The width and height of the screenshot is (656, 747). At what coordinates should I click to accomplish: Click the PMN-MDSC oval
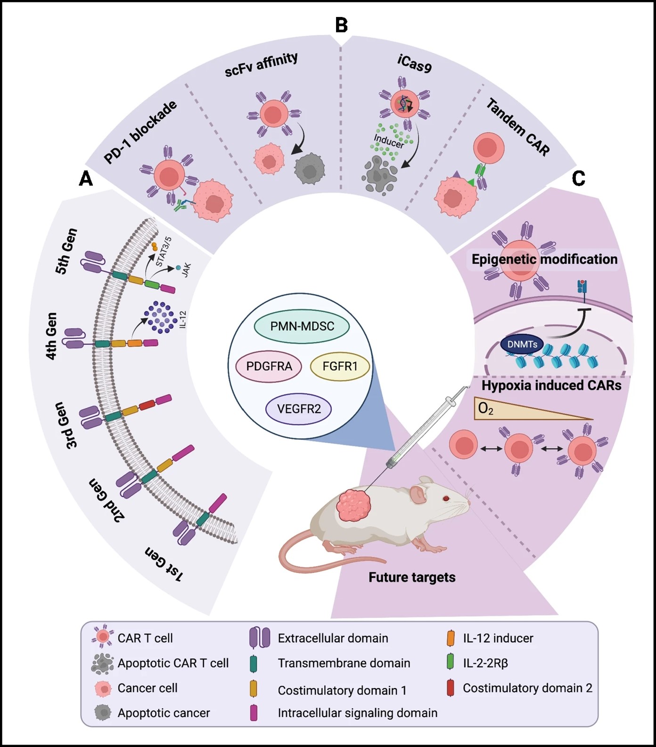click(302, 326)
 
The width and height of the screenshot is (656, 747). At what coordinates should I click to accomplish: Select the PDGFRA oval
click(269, 366)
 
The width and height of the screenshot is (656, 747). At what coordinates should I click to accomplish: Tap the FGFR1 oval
click(340, 366)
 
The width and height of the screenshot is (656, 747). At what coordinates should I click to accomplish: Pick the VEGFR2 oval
click(299, 409)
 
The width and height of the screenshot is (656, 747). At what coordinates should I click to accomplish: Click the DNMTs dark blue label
click(522, 344)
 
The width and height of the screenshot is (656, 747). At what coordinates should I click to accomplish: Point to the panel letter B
click(341, 25)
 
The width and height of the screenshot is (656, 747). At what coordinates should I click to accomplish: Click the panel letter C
click(578, 179)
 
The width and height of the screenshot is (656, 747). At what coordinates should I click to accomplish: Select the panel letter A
click(86, 179)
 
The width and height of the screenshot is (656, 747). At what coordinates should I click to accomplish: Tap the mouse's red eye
click(446, 498)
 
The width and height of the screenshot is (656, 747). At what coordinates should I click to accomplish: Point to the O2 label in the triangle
click(485, 408)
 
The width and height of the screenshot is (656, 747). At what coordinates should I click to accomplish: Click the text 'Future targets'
click(412, 577)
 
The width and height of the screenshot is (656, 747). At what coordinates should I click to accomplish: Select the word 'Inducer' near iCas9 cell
click(389, 141)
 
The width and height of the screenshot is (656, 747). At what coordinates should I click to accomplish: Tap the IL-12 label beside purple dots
click(183, 319)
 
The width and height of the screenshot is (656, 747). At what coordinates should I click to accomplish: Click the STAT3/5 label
click(164, 252)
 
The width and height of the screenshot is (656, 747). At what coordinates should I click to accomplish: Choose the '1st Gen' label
click(164, 564)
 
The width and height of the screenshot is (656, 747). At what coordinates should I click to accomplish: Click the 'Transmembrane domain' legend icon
click(254, 663)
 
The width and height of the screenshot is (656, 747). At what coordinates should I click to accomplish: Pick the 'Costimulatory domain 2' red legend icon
click(450, 688)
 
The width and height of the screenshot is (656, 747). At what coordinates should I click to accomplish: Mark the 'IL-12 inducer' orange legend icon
click(450, 638)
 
